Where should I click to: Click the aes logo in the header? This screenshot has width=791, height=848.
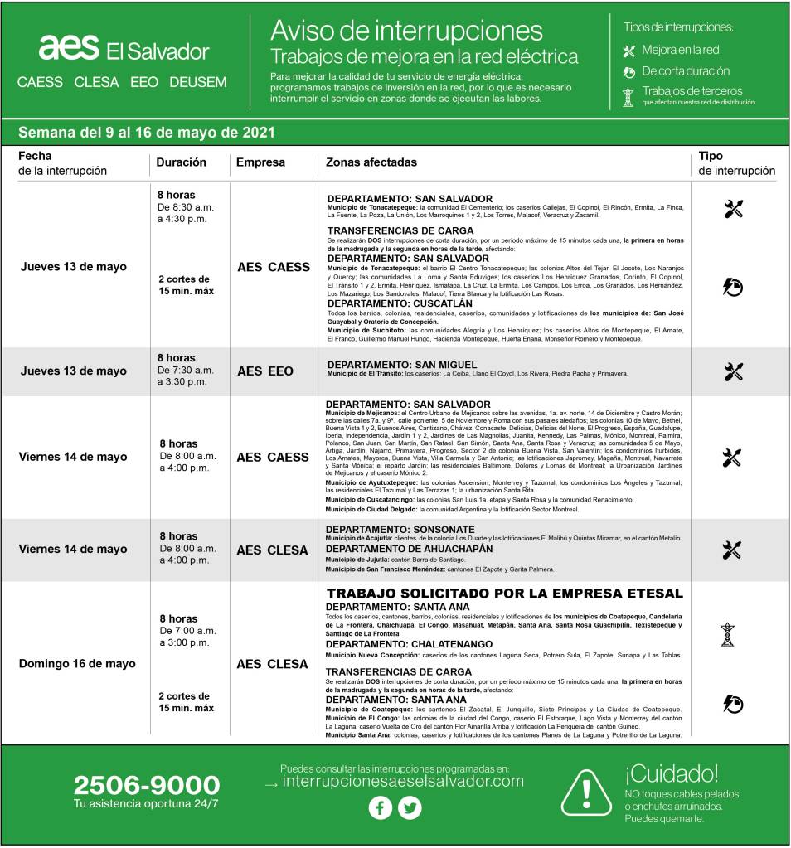69,48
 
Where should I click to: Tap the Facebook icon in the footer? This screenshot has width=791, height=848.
380,807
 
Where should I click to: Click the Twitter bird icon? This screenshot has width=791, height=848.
410,807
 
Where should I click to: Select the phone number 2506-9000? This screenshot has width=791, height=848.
147,785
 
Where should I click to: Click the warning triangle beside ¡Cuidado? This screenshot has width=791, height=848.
586,792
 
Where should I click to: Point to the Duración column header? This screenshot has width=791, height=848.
181,162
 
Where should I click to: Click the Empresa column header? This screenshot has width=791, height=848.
260,162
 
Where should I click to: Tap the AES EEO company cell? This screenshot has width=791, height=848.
265,371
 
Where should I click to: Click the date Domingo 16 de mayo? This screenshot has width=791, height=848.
77,664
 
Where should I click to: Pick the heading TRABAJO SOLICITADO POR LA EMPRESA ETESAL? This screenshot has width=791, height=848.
504,594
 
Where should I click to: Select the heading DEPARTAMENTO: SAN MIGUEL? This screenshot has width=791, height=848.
402,364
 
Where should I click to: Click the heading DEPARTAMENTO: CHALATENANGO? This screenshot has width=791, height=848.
409,644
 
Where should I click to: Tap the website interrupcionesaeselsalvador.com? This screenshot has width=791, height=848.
403,781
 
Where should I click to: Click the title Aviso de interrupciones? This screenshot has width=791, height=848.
406,31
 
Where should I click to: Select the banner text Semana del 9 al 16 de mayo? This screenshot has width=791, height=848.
147,133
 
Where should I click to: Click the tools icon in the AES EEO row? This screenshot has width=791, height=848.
733,371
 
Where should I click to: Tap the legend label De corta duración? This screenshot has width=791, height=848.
686,71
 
